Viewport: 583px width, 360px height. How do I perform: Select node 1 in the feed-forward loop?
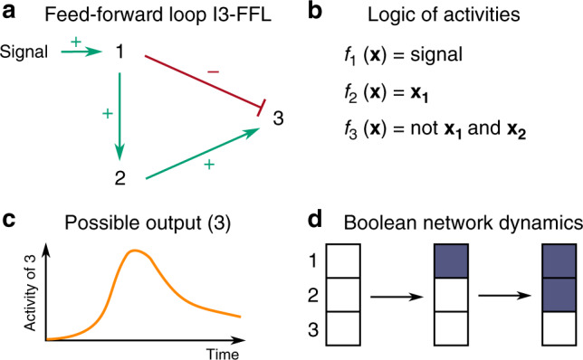(x=119, y=51)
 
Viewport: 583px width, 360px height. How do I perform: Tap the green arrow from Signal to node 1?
(x=77, y=52)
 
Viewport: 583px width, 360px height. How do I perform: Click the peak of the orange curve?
(x=136, y=251)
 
